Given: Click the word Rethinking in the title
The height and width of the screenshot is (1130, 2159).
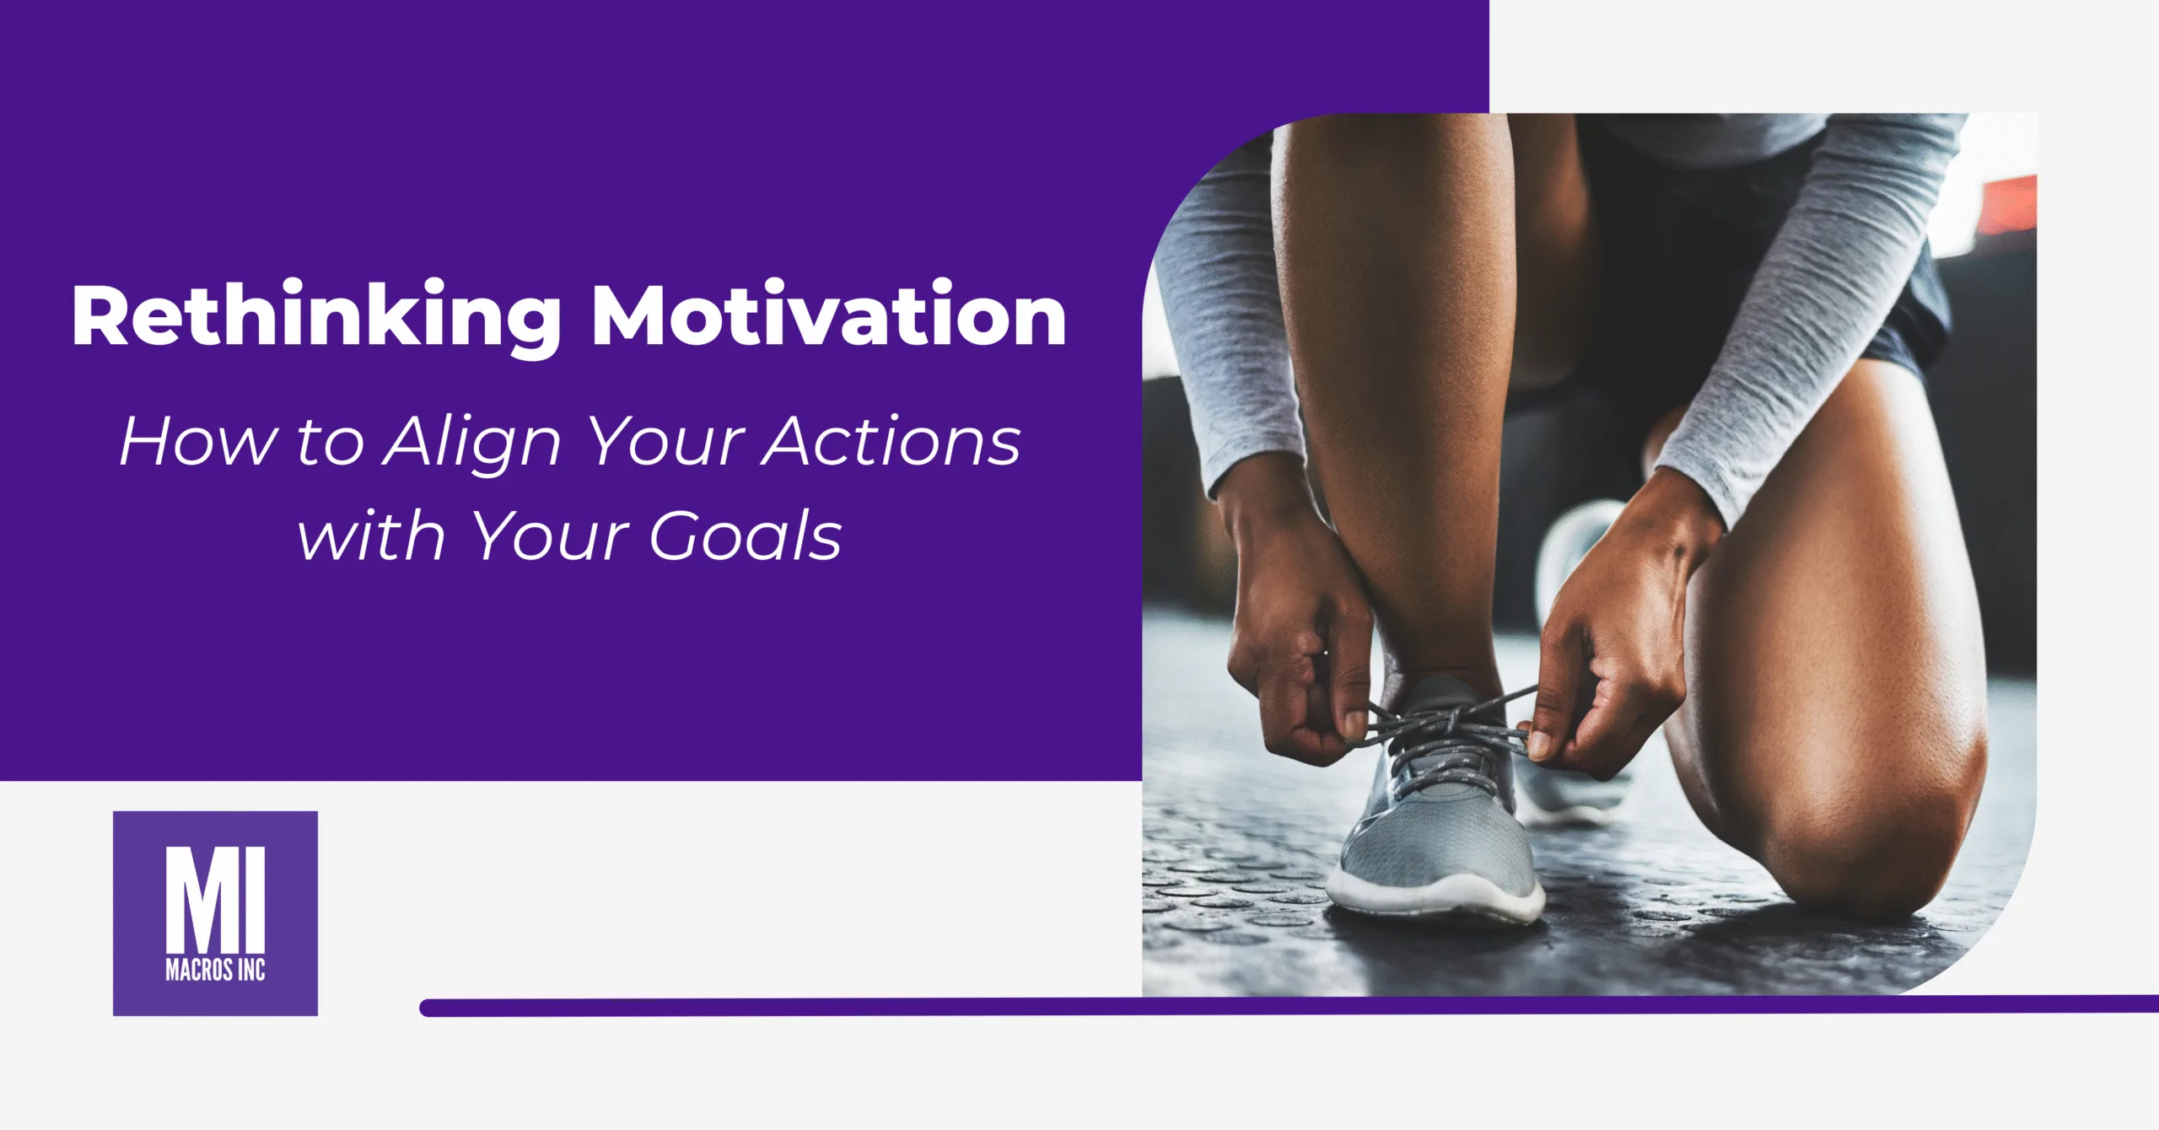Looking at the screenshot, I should [316, 316].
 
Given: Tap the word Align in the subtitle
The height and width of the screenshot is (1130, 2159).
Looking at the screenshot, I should [471, 443].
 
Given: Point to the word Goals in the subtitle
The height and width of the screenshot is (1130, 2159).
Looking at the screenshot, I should [746, 536].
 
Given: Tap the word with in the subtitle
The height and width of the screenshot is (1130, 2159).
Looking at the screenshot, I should [371, 535].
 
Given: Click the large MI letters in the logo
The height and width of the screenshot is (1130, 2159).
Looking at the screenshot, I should [215, 898].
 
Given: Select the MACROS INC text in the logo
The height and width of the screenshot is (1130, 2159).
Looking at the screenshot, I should [215, 971].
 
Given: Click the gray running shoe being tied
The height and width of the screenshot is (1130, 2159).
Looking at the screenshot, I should [1434, 826].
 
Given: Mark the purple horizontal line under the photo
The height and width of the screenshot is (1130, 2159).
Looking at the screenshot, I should [1265, 1007].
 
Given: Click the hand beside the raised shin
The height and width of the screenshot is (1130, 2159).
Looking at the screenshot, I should [1299, 658].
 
